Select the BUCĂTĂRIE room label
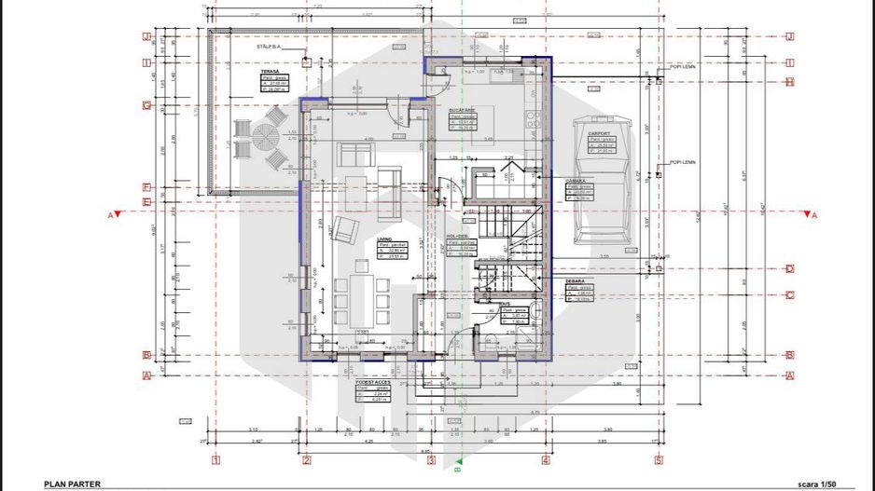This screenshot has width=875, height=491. tap(464, 109)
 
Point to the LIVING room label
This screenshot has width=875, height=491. tap(384, 239)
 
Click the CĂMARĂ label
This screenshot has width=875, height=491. tap(576, 181)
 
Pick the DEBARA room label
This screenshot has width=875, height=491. tap(575, 280)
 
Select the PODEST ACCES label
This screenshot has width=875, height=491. tap(370, 382)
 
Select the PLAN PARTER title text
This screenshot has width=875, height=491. tap(72, 484)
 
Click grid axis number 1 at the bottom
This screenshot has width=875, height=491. tap(215, 459)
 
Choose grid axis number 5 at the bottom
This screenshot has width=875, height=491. tap(658, 459)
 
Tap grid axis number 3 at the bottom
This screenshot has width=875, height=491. tap(431, 459)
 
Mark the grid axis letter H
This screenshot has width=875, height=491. tap(789, 82)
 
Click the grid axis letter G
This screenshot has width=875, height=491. tap(146, 105)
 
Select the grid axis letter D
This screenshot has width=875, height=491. tap(789, 268)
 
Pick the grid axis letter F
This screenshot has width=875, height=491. tap(146, 185)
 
